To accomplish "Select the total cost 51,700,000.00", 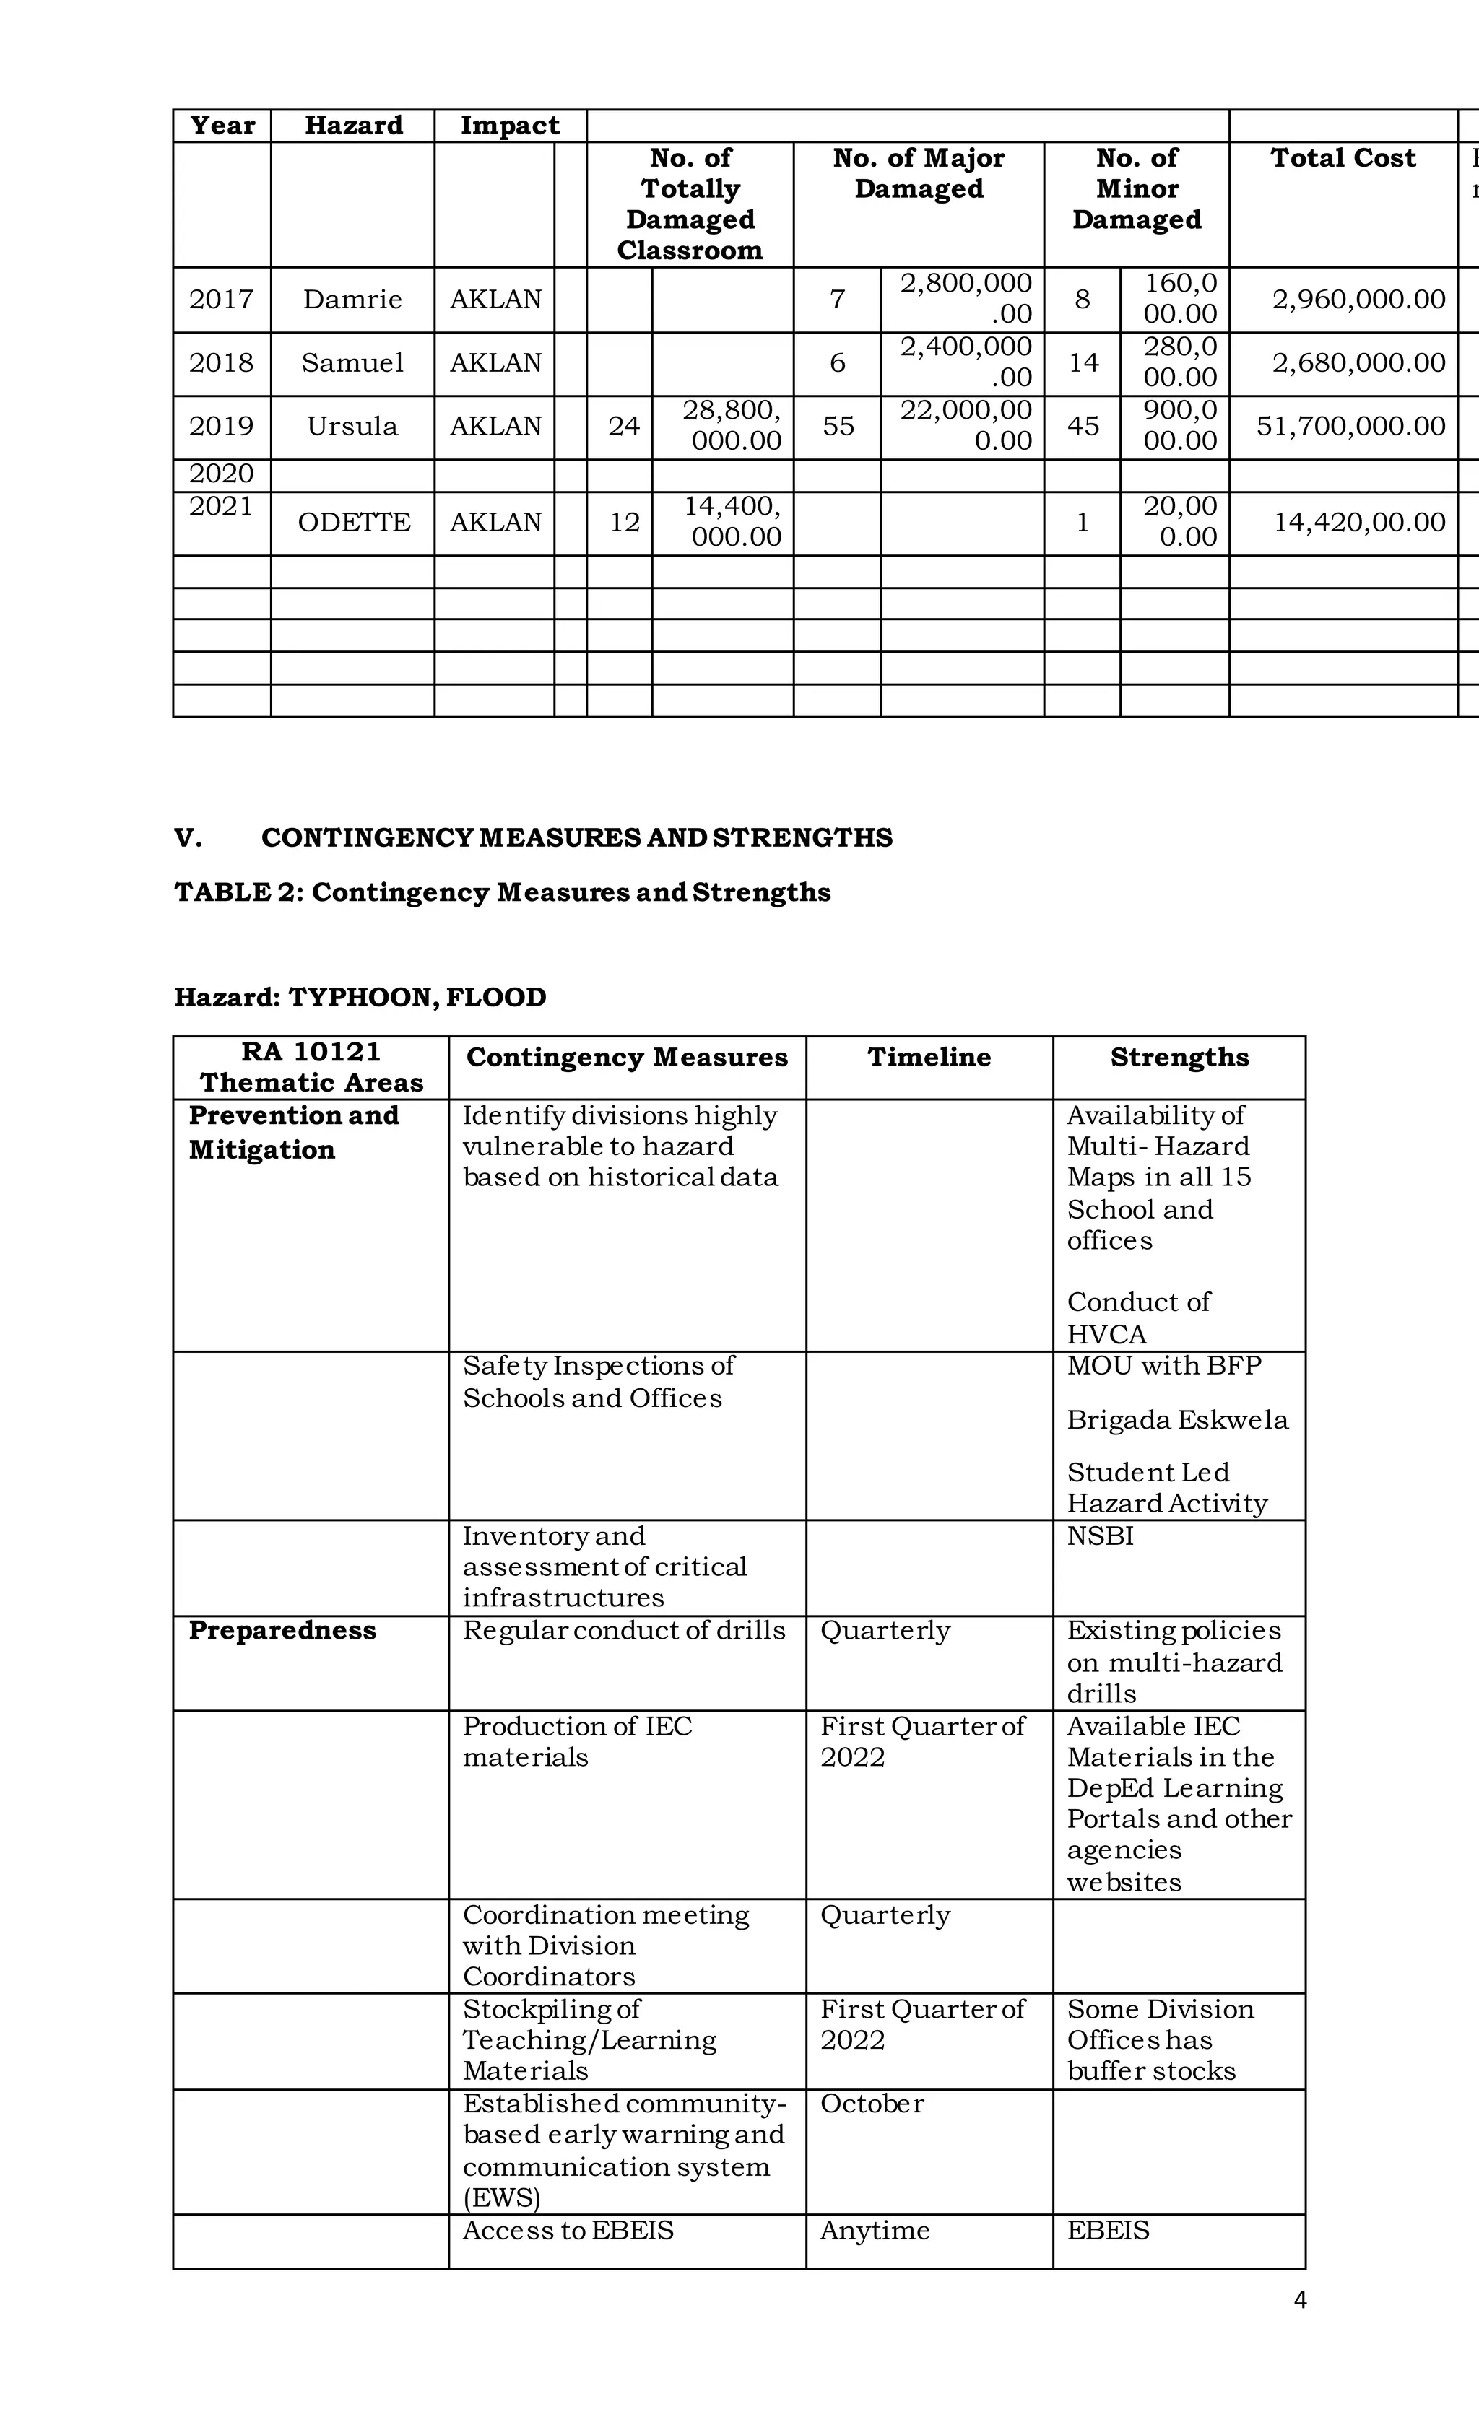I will pyautogui.click(x=1350, y=426).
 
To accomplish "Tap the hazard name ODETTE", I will pyautogui.click(x=353, y=522).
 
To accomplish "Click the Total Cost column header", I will pyautogui.click(x=1343, y=158).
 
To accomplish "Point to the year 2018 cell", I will pyautogui.click(x=222, y=362).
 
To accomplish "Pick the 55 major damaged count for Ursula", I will pyautogui.click(x=838, y=426).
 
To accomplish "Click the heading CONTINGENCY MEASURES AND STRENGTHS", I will pyautogui.click(x=576, y=838).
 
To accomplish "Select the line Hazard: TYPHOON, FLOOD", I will pyautogui.click(x=360, y=997).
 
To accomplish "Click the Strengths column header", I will pyautogui.click(x=1179, y=1058).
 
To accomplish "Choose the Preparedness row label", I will pyautogui.click(x=283, y=1631).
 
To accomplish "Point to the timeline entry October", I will pyautogui.click(x=872, y=2104).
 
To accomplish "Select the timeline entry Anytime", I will pyautogui.click(x=875, y=2231).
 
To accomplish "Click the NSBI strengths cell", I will pyautogui.click(x=1101, y=1537).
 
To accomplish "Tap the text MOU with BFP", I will pyautogui.click(x=1163, y=1366).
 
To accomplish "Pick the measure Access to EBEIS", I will pyautogui.click(x=568, y=2231).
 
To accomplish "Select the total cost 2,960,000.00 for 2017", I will pyautogui.click(x=1358, y=300).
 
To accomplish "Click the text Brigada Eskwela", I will pyautogui.click(x=1177, y=1420).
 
